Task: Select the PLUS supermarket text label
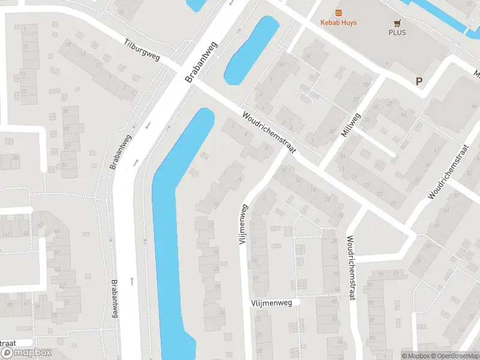coord(397,32)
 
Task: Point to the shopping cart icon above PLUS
coord(397,23)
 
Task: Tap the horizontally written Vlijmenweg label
coord(271,304)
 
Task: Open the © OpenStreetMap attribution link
coord(455,356)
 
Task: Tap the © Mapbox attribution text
coord(416,356)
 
